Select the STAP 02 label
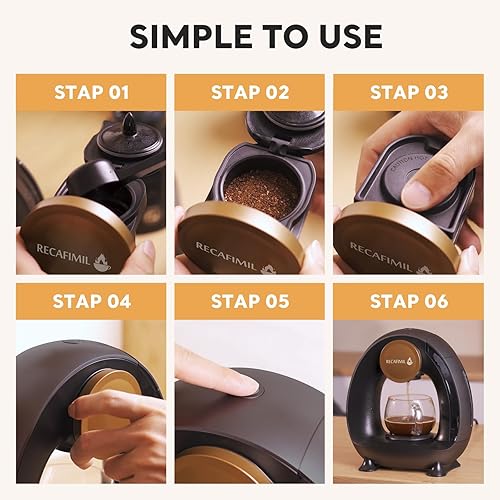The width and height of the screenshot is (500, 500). click(249, 93)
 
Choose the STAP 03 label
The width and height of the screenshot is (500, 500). click(408, 93)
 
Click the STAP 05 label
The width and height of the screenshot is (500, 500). click(249, 301)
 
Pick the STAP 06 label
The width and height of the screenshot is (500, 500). click(408, 301)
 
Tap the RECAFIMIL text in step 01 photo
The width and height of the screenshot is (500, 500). click(68, 245)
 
